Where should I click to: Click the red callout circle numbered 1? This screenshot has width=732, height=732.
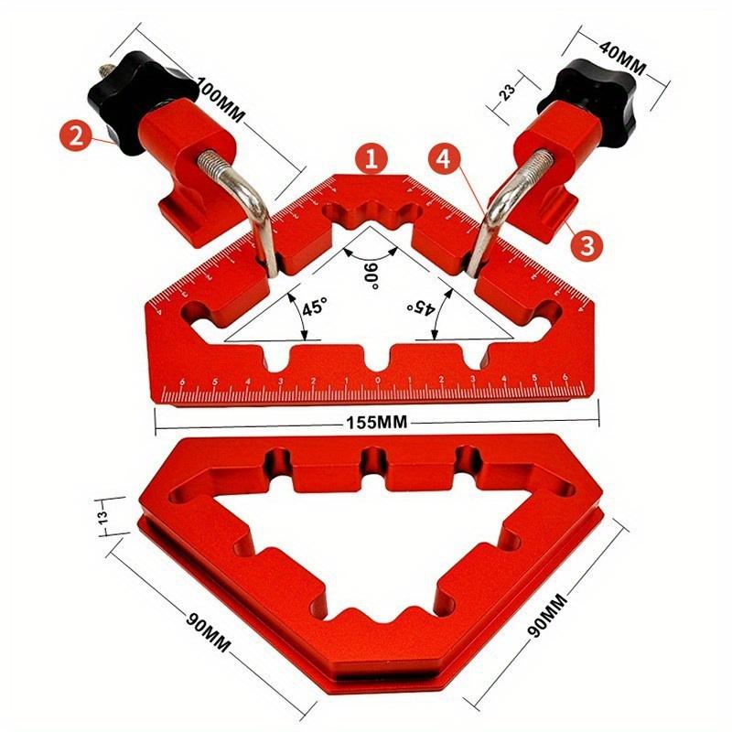coord(371,158)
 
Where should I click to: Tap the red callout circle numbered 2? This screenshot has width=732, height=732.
coord(77,137)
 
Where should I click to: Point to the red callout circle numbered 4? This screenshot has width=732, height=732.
coord(444,158)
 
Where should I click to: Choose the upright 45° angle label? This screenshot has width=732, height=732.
coord(314,308)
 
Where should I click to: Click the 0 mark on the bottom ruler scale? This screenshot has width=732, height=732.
coord(377,381)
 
